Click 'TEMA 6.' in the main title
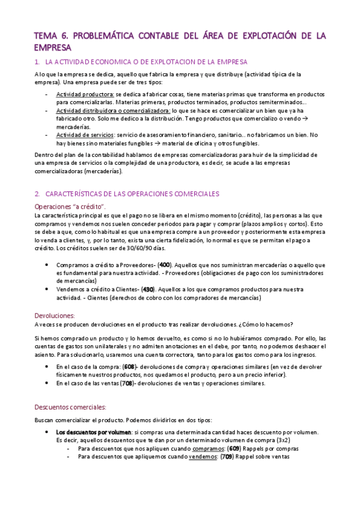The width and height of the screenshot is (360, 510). tap(51, 36)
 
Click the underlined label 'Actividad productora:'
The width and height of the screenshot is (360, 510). tap(85, 94)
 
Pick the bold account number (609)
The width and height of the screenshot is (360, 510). tap(234, 448)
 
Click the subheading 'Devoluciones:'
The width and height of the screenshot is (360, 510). tap(55, 315)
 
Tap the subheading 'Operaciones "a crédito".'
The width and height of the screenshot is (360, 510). tap(71, 206)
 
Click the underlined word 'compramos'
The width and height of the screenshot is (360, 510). tap(206, 448)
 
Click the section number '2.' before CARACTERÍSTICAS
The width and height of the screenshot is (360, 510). tap(37, 194)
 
